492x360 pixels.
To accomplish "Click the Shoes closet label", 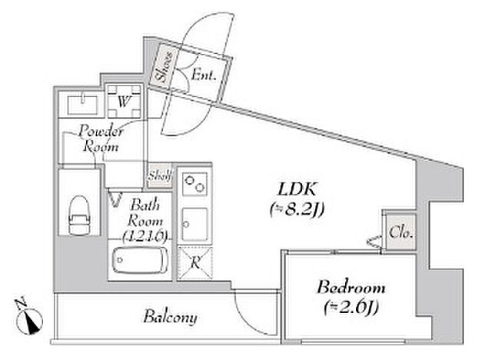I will pyautogui.click(x=163, y=67).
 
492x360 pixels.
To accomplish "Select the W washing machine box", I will pyautogui.click(x=124, y=99).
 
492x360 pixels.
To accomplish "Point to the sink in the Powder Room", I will pyautogui.click(x=80, y=101).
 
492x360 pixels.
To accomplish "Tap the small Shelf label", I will pyautogui.click(x=159, y=175).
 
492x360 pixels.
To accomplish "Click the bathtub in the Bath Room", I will pyautogui.click(x=139, y=262).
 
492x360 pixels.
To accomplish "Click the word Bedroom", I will pyautogui.click(x=351, y=288).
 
